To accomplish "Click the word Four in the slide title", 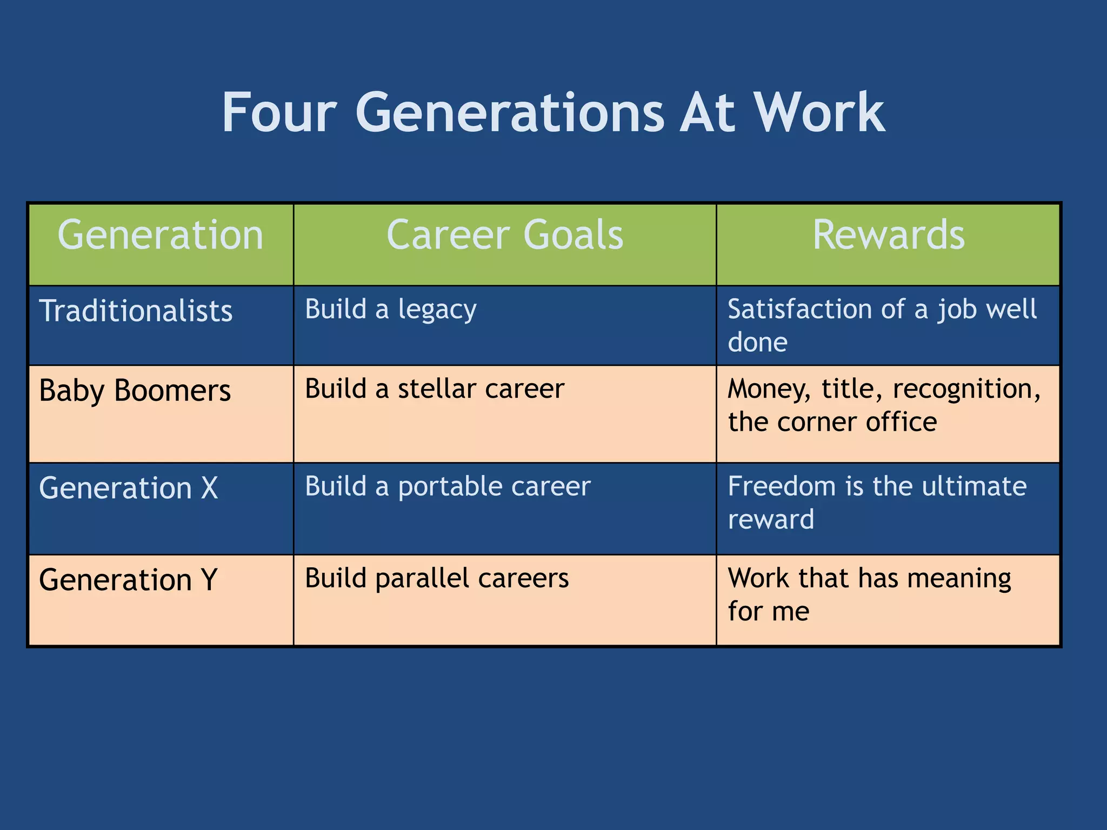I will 279,113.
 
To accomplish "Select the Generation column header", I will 161,235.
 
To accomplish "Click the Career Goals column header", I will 505,235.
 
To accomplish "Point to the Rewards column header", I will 889,235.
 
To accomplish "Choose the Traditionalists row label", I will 136,311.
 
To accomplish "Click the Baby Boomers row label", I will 135,391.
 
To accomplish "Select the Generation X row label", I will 129,488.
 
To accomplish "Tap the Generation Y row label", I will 129,580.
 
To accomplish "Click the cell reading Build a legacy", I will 391,310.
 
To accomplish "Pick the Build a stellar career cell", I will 435,389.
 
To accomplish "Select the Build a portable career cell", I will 448,486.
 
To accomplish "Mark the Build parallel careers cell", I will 437,578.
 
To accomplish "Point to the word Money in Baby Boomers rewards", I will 769,390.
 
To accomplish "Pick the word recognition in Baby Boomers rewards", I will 966,390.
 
